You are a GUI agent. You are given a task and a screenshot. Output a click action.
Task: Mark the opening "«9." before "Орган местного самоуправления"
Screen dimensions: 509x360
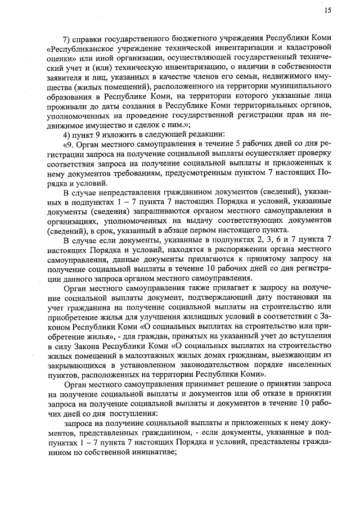click(69, 145)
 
